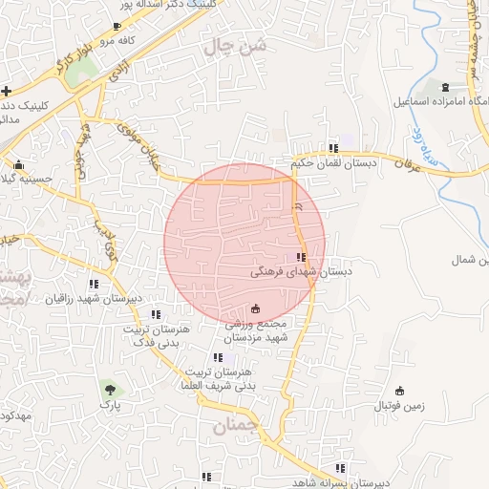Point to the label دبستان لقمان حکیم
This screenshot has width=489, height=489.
coord(332,163)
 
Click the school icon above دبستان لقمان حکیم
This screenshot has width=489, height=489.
coord(332,148)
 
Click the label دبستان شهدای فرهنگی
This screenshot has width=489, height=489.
coord(301,271)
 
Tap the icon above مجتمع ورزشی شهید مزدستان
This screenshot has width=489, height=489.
coord(255,308)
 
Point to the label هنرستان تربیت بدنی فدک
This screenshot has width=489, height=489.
coord(157,334)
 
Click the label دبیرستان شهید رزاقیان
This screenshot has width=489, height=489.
coord(94,299)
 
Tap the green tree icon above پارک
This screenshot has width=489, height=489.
coord(110,389)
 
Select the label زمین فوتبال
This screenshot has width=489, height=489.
coord(399,406)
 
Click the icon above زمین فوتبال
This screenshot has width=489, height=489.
coord(399,391)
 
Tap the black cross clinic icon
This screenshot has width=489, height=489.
coord(7,92)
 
